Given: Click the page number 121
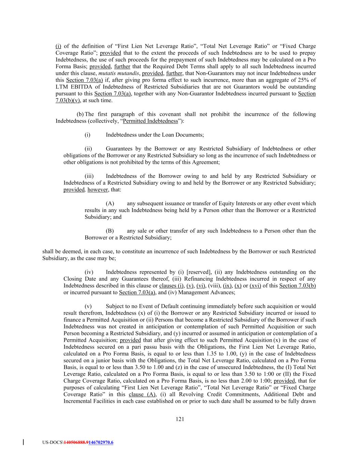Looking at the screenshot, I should (180, 419).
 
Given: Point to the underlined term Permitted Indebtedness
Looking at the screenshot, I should (150, 121).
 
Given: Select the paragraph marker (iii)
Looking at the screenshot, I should (89, 176).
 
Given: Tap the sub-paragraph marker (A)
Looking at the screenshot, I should (110, 203).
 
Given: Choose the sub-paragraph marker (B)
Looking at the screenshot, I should (110, 231).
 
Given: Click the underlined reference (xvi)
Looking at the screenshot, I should (255, 286).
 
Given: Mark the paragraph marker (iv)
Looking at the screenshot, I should (89, 272).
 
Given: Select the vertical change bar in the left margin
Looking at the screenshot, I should (23, 442).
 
